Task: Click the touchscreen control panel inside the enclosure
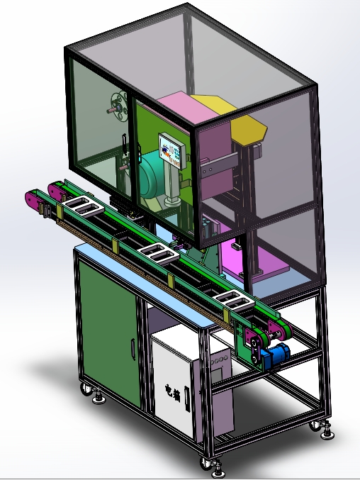[173, 150]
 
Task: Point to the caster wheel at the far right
[315, 425]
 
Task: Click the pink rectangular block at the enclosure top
[186, 108]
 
